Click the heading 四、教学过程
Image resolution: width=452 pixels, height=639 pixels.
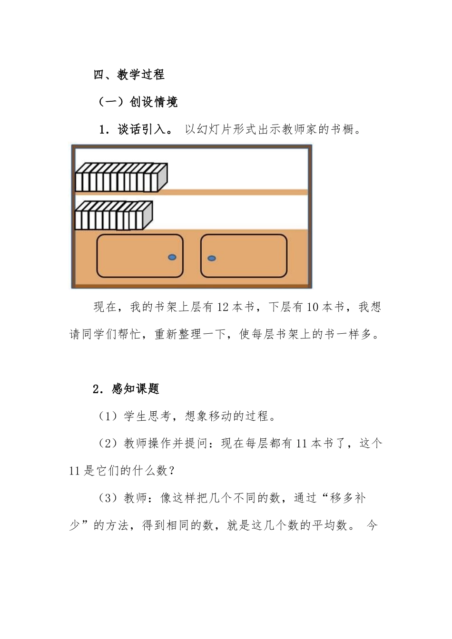(x=129, y=75)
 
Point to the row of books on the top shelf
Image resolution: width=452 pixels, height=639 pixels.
(x=121, y=178)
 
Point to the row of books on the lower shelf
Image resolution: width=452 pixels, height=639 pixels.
(x=113, y=215)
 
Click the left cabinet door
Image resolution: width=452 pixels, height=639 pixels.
(x=140, y=256)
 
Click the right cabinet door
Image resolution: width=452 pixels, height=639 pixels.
(x=244, y=256)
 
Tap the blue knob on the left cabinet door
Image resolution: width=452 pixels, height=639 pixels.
(x=172, y=257)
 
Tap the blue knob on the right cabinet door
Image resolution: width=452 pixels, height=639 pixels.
(x=212, y=258)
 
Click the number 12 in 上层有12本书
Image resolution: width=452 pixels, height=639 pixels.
(x=223, y=307)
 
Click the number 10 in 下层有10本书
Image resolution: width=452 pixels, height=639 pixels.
(x=313, y=307)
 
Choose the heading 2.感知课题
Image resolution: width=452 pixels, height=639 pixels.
(x=126, y=389)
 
